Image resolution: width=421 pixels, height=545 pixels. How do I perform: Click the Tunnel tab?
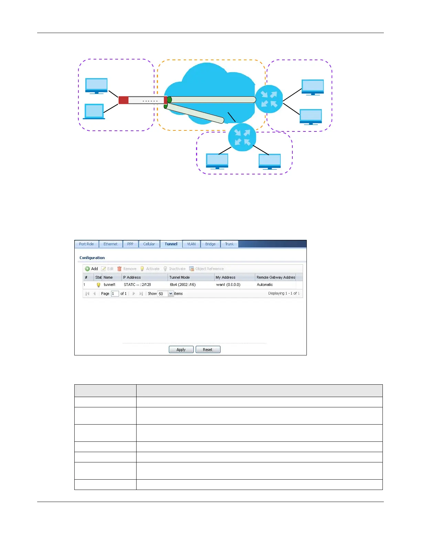pyautogui.click(x=171, y=244)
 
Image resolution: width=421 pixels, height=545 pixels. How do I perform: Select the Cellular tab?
pyautogui.click(x=149, y=244)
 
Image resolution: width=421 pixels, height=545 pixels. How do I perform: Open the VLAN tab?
pyautogui.click(x=191, y=244)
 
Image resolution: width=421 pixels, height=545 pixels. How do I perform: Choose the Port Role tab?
pyautogui.click(x=86, y=244)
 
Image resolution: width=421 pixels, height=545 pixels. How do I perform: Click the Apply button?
pyautogui.click(x=181, y=350)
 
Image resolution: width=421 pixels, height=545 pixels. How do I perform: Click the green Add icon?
pyautogui.click(x=87, y=269)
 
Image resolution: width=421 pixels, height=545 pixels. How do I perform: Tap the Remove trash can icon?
pyautogui.click(x=119, y=269)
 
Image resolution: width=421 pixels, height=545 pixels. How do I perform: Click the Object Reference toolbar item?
pyautogui.click(x=206, y=269)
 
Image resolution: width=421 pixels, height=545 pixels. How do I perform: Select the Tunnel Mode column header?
pyautogui.click(x=180, y=277)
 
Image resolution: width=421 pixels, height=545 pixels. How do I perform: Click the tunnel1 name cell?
pyautogui.click(x=110, y=285)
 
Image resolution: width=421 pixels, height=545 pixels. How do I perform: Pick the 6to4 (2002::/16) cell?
pyautogui.click(x=183, y=285)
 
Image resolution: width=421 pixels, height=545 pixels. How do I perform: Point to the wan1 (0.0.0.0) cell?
pyautogui.click(x=228, y=285)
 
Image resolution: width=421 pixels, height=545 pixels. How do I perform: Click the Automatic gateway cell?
pyautogui.click(x=265, y=285)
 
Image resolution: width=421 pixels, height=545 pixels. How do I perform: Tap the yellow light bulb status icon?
pyautogui.click(x=98, y=285)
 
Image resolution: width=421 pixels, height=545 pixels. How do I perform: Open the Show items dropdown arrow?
pyautogui.click(x=171, y=293)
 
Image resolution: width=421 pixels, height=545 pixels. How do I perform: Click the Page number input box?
pyautogui.click(x=115, y=293)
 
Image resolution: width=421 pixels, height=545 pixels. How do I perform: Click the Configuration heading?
pyautogui.click(x=92, y=258)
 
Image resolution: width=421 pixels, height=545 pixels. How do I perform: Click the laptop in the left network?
pyautogui.click(x=94, y=111)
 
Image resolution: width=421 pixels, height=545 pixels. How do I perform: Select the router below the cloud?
pyautogui.click(x=242, y=137)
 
